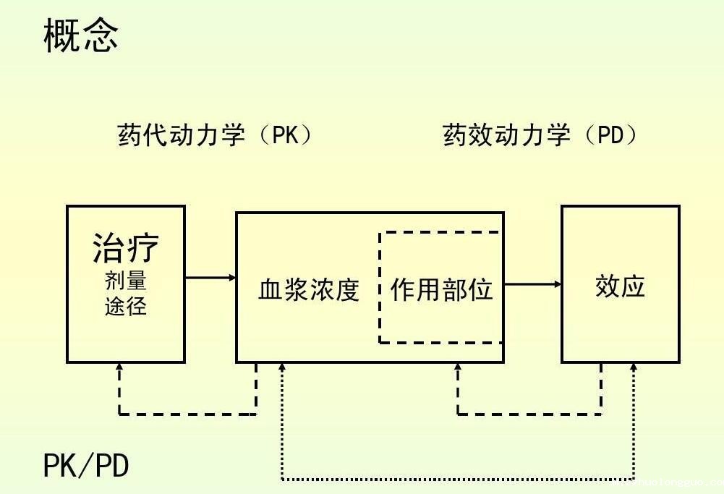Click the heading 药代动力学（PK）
click(x=215, y=135)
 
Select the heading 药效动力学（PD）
click(x=540, y=135)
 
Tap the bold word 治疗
click(x=126, y=248)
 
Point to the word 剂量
click(x=126, y=281)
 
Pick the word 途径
click(x=126, y=307)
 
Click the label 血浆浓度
click(x=309, y=290)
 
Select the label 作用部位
click(x=441, y=290)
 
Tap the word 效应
click(x=620, y=287)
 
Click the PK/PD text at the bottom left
click(x=86, y=466)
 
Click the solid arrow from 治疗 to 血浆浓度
click(x=210, y=277)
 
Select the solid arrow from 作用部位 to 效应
click(x=532, y=284)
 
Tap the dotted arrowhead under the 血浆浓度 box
click(x=282, y=367)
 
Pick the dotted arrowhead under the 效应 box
click(x=634, y=367)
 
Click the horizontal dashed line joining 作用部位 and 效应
click(x=529, y=414)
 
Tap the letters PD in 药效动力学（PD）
click(x=611, y=135)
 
